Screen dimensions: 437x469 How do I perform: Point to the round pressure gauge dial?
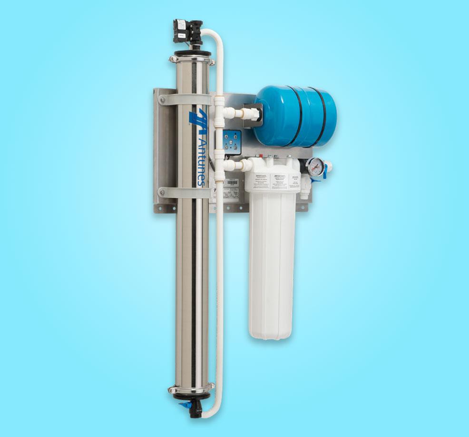pyautogui.click(x=314, y=167)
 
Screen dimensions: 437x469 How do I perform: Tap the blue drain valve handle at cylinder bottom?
pyautogui.click(x=183, y=406)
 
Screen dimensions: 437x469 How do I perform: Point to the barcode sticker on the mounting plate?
pyautogui.click(x=233, y=182)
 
